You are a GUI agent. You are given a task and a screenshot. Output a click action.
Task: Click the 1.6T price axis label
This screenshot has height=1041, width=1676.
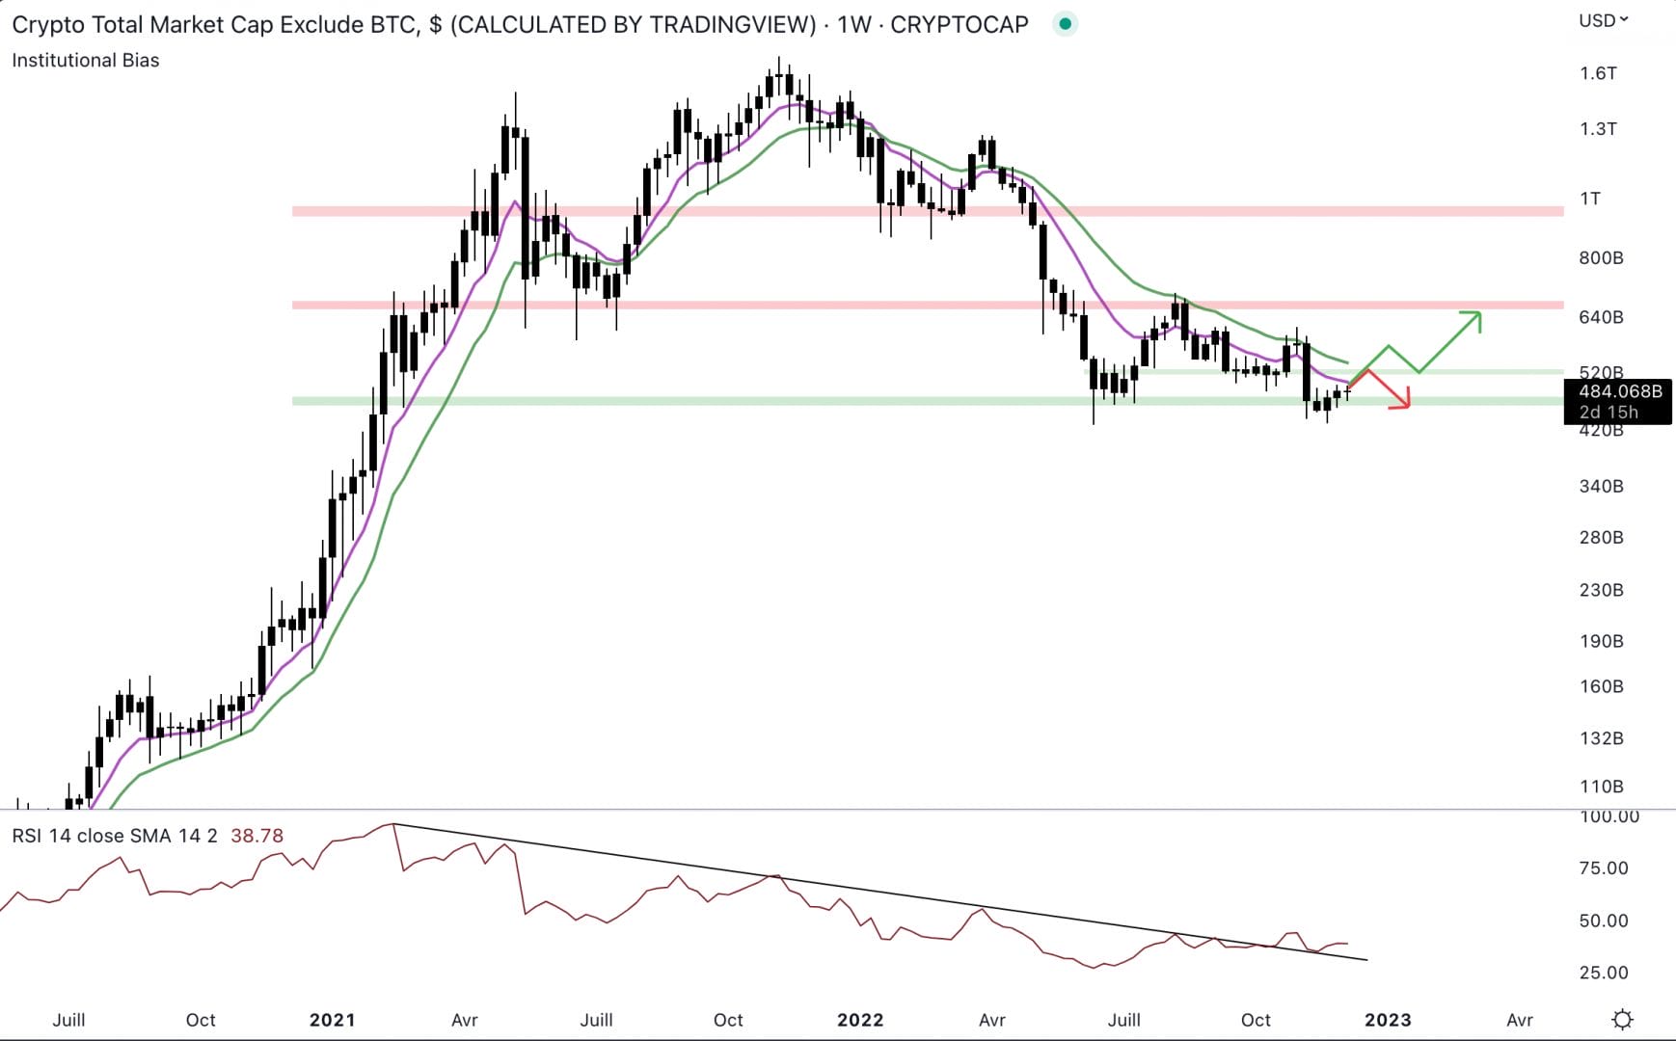click(x=1598, y=73)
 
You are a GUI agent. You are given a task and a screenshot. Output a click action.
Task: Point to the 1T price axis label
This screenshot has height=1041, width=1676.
click(x=1590, y=199)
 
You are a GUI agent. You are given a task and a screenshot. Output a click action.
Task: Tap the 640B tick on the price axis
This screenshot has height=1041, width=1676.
click(x=1601, y=317)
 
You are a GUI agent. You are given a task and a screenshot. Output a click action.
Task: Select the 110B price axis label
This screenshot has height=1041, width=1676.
click(x=1601, y=787)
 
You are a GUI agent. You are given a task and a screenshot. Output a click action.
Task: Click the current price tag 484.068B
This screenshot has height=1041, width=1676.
click(x=1620, y=391)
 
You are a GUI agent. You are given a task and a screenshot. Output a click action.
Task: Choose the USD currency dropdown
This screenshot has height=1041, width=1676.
click(x=1603, y=20)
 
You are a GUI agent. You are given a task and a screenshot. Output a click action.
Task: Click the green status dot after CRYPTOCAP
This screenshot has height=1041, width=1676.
click(x=1065, y=24)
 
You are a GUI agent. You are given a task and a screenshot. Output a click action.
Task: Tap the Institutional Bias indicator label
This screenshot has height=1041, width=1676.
click(x=86, y=60)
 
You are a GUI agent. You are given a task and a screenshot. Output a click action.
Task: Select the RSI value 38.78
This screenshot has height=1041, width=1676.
click(x=257, y=836)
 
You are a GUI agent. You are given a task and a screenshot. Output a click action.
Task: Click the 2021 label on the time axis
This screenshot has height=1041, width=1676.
click(x=332, y=1020)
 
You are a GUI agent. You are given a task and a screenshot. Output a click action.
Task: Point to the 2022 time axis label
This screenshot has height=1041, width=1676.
click(x=859, y=1020)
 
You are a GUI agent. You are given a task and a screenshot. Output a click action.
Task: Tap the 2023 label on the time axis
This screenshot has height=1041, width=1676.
click(x=1387, y=1020)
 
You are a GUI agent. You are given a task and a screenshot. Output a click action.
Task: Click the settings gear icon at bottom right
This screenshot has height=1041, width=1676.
click(x=1623, y=1020)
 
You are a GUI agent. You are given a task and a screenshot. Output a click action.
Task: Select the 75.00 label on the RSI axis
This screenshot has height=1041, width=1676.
click(x=1604, y=868)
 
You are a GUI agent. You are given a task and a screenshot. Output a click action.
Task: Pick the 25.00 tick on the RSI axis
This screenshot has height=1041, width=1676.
click(x=1604, y=973)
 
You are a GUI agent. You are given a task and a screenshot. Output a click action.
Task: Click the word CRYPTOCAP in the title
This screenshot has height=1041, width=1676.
click(x=959, y=24)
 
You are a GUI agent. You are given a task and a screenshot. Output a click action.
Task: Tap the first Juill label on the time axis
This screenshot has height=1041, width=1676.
click(x=68, y=1020)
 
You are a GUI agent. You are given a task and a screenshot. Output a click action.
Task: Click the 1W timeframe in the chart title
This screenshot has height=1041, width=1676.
click(x=854, y=24)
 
